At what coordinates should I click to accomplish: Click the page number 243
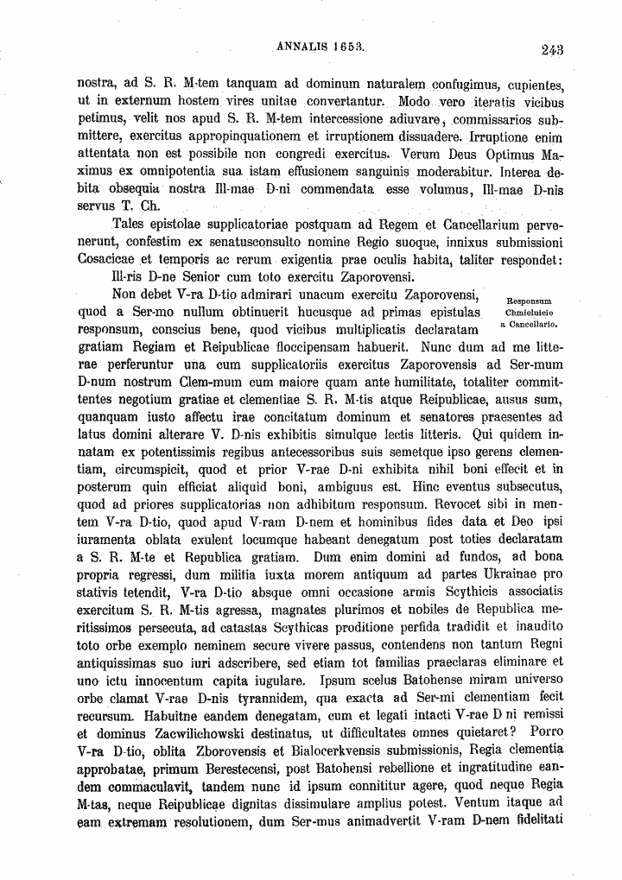pyautogui.click(x=553, y=49)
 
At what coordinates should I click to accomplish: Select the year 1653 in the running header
pyautogui.click(x=346, y=48)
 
